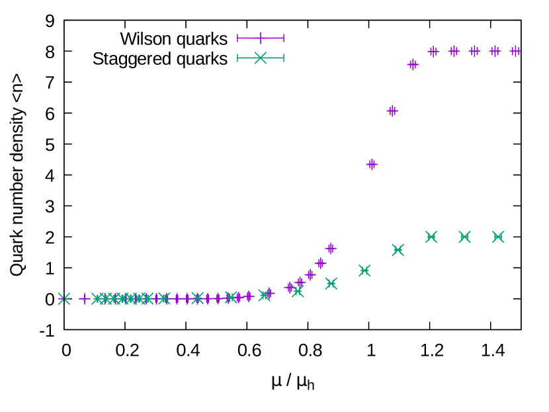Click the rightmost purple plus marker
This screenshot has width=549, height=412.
[x=515, y=52]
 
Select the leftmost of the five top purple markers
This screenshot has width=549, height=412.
[x=433, y=52]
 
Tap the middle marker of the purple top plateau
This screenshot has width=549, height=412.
[x=474, y=52]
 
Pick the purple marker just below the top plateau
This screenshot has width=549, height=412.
[x=413, y=65]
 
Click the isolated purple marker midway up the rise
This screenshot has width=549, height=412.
[x=372, y=164]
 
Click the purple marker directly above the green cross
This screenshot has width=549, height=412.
[x=331, y=249]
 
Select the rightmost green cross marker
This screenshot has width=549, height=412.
[x=498, y=237]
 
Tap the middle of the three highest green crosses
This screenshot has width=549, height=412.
[x=464, y=237]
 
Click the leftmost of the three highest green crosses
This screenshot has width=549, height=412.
[x=431, y=237]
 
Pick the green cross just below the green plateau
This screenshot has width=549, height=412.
[x=398, y=250]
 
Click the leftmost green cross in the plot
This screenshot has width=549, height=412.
[x=64, y=299]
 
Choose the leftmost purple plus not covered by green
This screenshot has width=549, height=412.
[x=85, y=299]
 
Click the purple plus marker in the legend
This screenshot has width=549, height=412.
[x=261, y=38]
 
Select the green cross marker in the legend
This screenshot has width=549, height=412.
[x=261, y=58]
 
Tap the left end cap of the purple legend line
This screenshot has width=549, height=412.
[x=238, y=38]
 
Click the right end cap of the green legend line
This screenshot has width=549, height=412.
[x=283, y=58]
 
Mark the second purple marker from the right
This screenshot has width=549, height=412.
[x=495, y=52]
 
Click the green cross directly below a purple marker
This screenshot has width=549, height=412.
[x=331, y=284]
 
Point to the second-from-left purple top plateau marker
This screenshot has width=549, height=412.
[x=454, y=52]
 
